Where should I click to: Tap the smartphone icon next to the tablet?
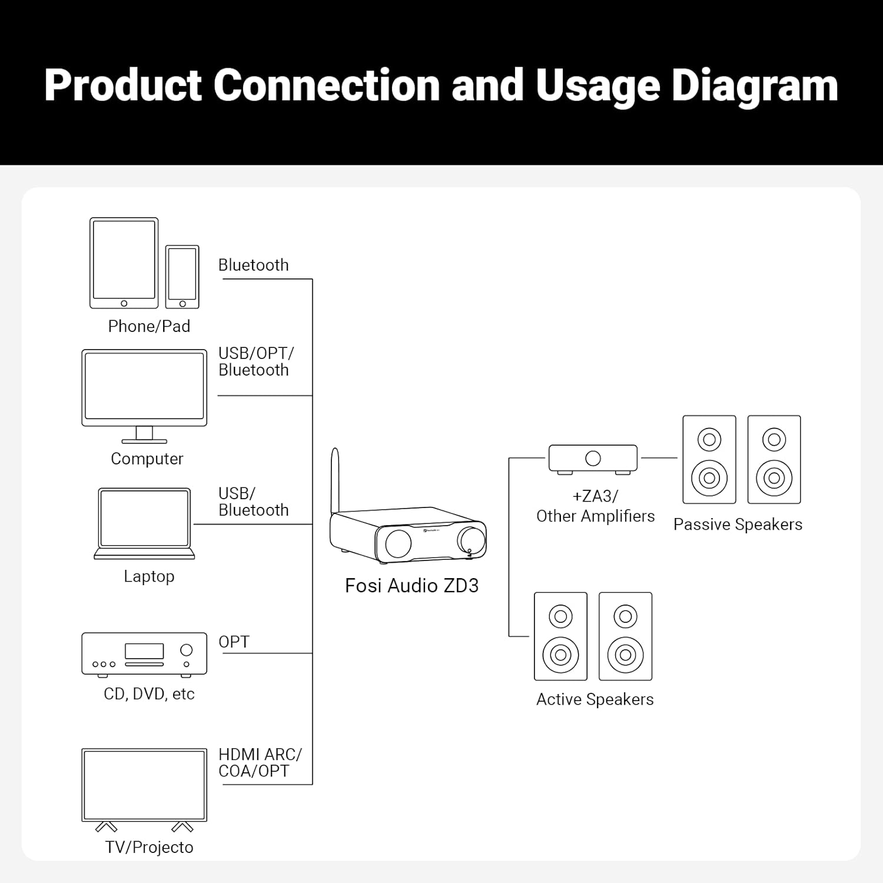point(182,277)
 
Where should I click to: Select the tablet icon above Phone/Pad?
point(124,263)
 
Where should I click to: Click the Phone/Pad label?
point(149,327)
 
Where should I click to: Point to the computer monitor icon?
point(144,389)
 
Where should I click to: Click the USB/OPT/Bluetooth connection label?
point(255,361)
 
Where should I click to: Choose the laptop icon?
point(144,521)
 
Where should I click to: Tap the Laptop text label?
point(149,576)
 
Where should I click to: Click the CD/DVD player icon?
point(144,654)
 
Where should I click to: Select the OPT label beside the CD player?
point(234,642)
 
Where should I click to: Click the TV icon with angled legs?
point(144,786)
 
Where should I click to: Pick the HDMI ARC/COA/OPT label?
point(260,763)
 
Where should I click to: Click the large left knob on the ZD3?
point(399,543)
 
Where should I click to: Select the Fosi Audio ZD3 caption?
point(411,586)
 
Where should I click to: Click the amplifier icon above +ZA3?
point(593,459)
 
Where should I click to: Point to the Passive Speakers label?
point(738,525)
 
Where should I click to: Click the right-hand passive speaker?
point(774,460)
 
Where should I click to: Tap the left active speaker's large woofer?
point(560,655)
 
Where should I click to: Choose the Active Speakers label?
point(595,699)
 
